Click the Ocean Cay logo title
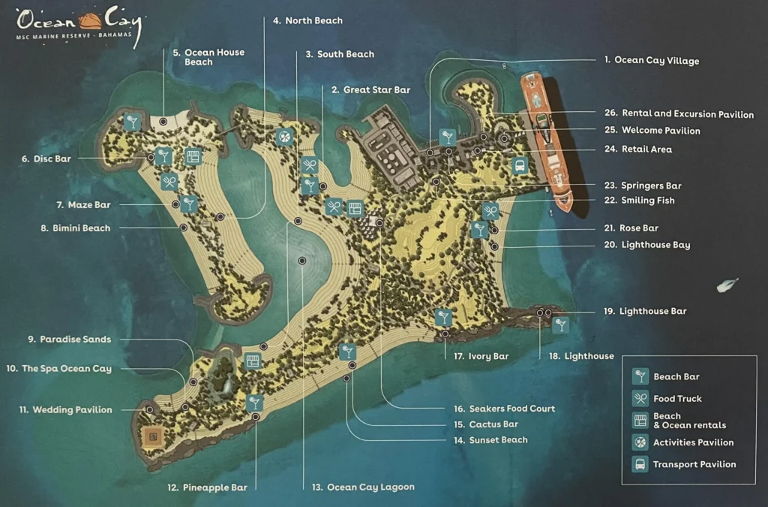75,21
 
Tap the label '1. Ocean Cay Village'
651,61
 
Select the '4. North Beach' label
307,21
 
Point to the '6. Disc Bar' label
46,159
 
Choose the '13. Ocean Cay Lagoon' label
363,487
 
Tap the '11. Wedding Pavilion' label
66,410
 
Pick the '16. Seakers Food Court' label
504,409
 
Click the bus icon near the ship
520,166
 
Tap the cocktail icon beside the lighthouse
560,324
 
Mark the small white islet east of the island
727,285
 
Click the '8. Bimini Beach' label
76,228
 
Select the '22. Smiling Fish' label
639,201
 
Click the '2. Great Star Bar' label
370,90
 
